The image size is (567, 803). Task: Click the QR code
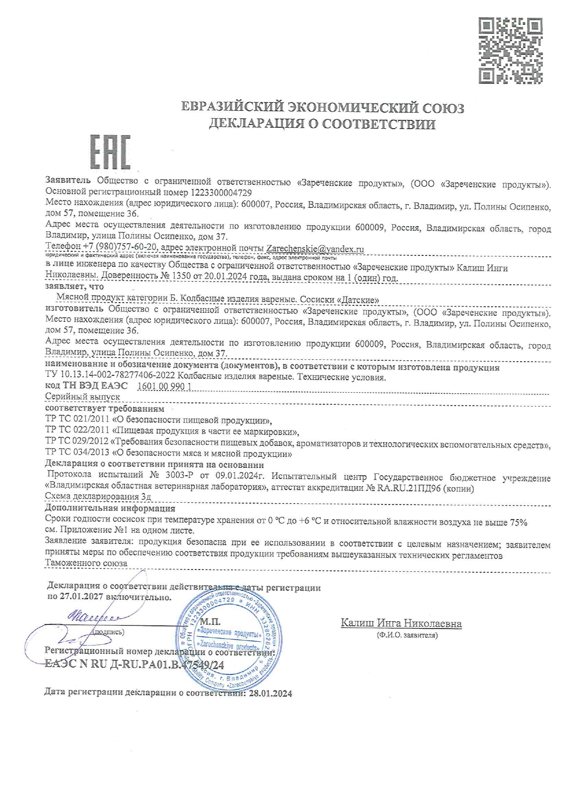coord(510,50)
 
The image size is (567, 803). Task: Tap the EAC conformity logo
coord(110,152)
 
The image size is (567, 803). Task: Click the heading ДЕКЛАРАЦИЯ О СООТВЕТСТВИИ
coord(322,124)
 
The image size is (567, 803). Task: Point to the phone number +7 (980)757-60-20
coord(120,247)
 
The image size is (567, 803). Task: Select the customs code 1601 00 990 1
coord(164,386)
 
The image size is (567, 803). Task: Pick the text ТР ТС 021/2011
coord(77,420)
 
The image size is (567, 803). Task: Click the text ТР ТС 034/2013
coord(77,454)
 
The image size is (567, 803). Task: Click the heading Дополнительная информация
coord(110,508)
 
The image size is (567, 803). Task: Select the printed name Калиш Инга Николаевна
coord(401,623)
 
